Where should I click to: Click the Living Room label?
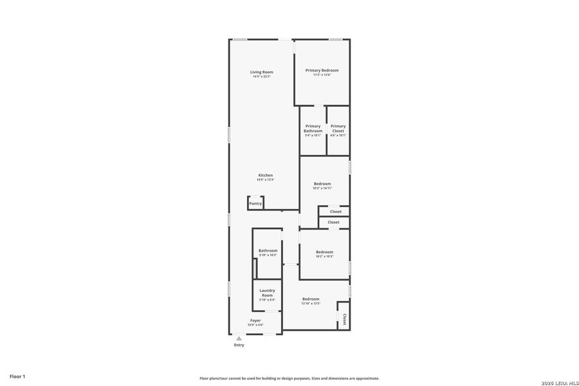(262, 72)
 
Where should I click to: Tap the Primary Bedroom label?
(322, 70)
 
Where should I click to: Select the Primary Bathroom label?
(313, 129)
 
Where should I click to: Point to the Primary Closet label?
(338, 129)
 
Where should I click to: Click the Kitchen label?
(266, 175)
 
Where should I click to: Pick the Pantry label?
(255, 203)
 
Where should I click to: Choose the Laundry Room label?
(267, 293)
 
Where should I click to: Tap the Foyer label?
(255, 320)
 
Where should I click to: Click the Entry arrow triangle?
(239, 338)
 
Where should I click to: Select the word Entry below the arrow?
(239, 345)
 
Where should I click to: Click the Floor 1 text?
(17, 376)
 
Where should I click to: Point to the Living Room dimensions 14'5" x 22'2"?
(262, 77)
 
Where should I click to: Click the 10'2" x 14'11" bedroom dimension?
(322, 188)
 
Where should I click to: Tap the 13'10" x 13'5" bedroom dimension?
(311, 304)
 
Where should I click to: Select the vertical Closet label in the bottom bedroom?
(344, 319)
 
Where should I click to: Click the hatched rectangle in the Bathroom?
(255, 268)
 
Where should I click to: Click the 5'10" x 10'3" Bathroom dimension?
(268, 255)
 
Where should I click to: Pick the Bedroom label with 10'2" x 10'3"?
(324, 252)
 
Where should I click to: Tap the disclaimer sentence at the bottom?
(289, 378)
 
